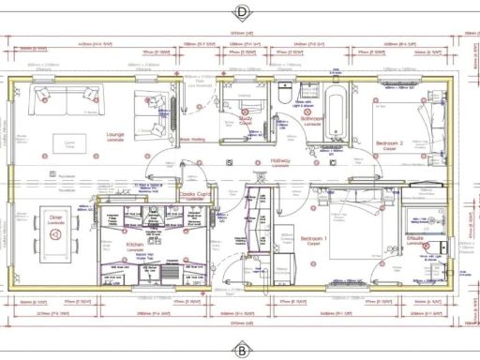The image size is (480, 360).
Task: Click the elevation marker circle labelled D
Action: [241, 12]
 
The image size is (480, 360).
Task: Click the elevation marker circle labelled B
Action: [241, 351]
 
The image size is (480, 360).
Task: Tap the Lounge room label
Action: [116, 136]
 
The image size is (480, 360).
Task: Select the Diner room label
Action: [55, 217]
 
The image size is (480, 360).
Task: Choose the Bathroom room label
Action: [311, 119]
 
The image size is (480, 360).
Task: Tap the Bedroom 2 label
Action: [387, 144]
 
